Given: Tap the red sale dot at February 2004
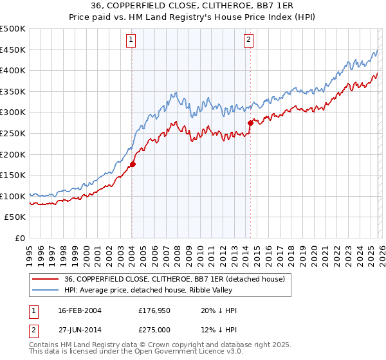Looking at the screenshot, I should click(133, 164).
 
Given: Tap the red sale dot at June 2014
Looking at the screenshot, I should click(250, 122).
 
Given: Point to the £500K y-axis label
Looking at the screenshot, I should click(13, 29).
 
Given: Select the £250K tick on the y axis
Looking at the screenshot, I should click(13, 133).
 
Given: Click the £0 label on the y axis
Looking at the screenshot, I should click(19, 238).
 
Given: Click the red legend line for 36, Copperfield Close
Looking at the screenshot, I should click(46, 279).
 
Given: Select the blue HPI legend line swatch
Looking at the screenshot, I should click(46, 290).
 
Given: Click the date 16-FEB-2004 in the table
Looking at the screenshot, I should click(79, 310).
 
